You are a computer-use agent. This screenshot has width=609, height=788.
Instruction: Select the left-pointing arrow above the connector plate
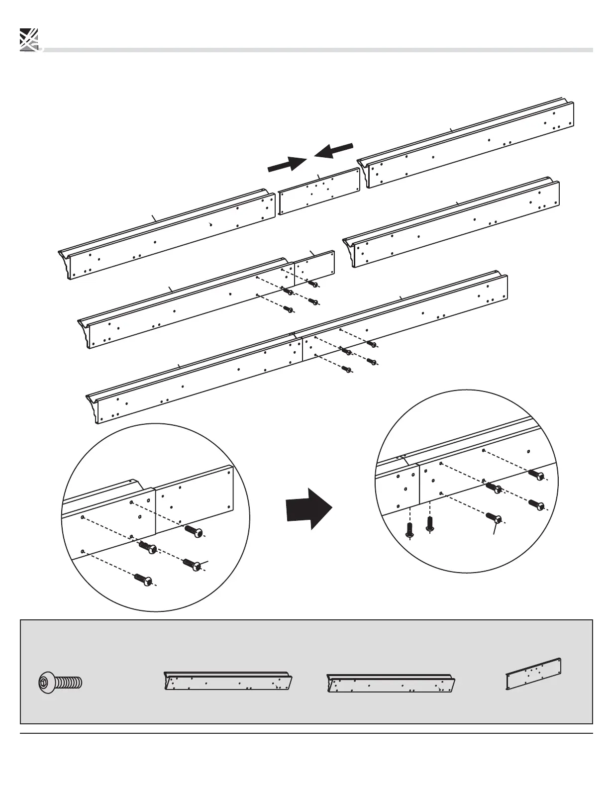click(x=333, y=150)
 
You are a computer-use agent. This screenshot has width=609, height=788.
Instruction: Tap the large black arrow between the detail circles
click(x=308, y=508)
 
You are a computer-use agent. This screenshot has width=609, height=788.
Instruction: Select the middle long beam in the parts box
click(x=391, y=683)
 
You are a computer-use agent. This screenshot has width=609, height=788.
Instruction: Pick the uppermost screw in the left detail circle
click(x=195, y=532)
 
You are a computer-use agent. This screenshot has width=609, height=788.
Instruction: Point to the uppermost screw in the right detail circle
click(x=536, y=475)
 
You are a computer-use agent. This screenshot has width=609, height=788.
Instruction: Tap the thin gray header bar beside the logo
click(x=318, y=50)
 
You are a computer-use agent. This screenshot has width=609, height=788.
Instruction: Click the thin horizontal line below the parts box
click(x=306, y=733)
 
